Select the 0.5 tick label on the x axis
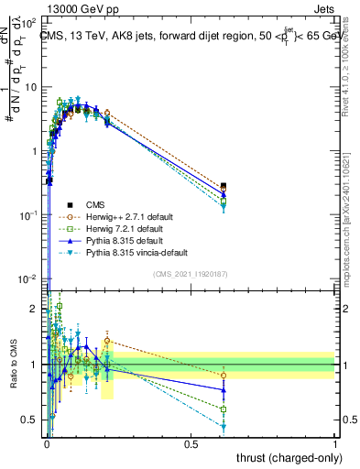click(191, 443)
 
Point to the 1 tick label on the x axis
click(335, 443)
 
